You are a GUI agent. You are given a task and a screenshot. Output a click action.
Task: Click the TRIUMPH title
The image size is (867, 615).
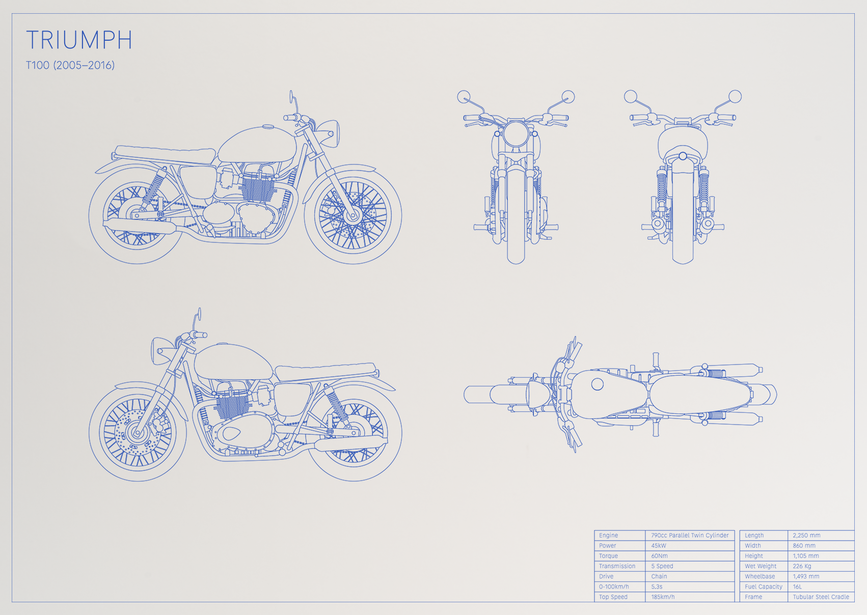(x=79, y=40)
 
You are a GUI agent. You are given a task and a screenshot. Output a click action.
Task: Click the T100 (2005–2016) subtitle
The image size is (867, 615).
(x=70, y=65)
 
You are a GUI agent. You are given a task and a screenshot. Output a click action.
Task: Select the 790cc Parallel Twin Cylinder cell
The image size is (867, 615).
(x=690, y=535)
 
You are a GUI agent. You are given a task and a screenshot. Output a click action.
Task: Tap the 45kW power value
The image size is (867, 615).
(x=658, y=545)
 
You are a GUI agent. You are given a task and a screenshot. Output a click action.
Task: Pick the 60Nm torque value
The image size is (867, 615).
(x=659, y=556)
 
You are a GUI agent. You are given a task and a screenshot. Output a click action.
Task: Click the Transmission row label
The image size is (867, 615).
(x=617, y=566)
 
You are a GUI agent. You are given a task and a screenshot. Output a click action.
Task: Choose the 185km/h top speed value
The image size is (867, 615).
(x=663, y=597)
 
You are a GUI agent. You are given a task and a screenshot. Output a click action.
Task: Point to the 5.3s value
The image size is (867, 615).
(x=657, y=587)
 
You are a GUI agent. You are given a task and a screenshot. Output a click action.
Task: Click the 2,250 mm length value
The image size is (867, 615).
(x=806, y=535)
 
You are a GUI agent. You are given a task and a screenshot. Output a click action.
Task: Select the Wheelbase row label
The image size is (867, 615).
(x=760, y=576)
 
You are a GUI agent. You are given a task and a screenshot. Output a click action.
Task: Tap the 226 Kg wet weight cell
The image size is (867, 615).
(x=802, y=566)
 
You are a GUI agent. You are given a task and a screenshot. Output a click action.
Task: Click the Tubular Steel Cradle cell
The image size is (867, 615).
(x=821, y=597)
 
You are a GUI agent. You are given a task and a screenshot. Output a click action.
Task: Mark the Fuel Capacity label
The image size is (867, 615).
(x=763, y=587)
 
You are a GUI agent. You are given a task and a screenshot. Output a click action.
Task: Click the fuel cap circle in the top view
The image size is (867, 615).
(x=597, y=384)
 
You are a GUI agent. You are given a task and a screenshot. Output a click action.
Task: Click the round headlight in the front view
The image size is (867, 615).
(x=516, y=134)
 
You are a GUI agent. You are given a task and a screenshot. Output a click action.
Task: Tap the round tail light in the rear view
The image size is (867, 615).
(x=683, y=156)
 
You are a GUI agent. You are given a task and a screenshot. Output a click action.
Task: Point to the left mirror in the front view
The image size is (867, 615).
(x=464, y=97)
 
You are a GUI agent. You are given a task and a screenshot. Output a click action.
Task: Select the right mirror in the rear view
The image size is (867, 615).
(x=735, y=96)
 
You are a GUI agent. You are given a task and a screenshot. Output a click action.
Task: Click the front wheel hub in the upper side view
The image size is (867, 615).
(x=352, y=215)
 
